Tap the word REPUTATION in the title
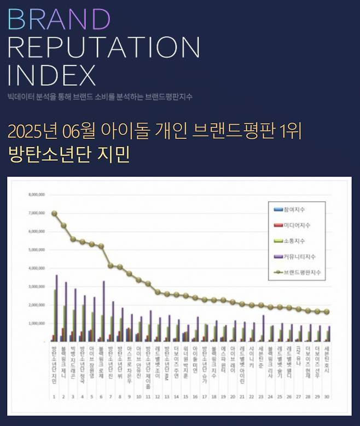pos(103,48)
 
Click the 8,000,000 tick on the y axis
pos(36,195)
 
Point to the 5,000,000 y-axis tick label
pos(36,250)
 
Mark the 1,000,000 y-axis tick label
pos(36,323)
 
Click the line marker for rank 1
pos(54,213)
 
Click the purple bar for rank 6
pos(103,311)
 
